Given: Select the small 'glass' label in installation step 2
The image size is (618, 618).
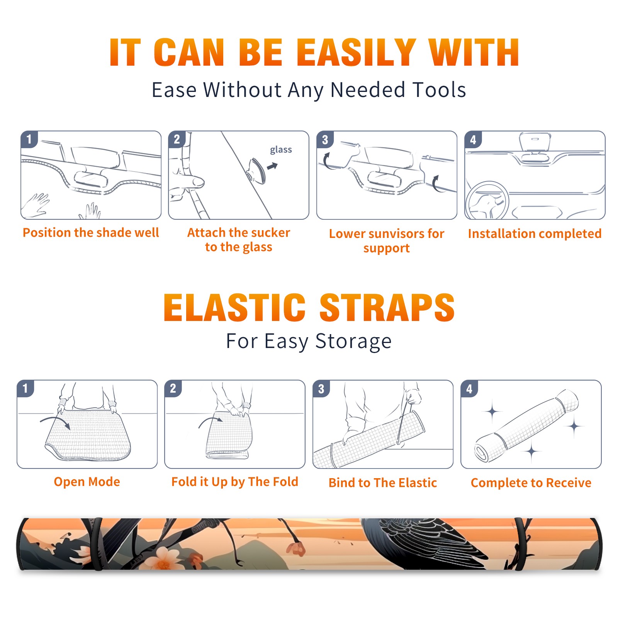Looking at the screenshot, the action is [x=281, y=150].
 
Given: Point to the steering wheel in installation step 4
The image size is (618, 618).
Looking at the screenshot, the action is [x=487, y=201].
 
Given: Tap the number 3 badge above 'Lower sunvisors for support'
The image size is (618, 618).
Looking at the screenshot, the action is [x=325, y=139].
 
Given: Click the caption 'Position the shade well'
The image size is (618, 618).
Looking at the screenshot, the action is [x=91, y=233].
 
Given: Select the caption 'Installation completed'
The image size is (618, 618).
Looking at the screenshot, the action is [x=535, y=234].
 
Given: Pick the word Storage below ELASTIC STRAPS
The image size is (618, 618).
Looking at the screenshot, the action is [x=353, y=341].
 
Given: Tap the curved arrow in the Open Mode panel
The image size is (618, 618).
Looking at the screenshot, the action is [x=55, y=421].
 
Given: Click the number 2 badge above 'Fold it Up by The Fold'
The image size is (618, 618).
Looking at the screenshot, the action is [x=173, y=388].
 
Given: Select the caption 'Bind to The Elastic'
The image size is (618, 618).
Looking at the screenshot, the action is [x=382, y=483].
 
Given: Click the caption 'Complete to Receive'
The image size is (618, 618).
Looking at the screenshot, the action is [x=531, y=483].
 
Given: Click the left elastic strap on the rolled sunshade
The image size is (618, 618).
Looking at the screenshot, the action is [x=97, y=544].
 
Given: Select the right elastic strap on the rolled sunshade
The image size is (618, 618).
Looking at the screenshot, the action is [x=520, y=544].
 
